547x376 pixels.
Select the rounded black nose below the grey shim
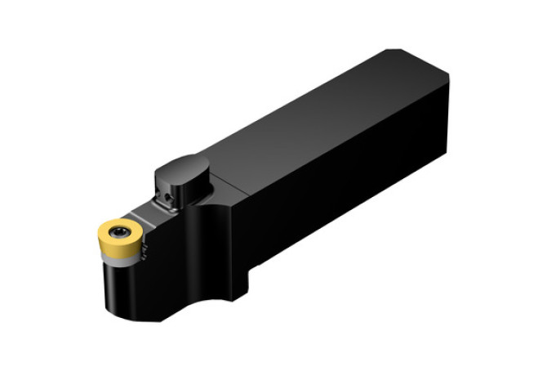click(x=122, y=294)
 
